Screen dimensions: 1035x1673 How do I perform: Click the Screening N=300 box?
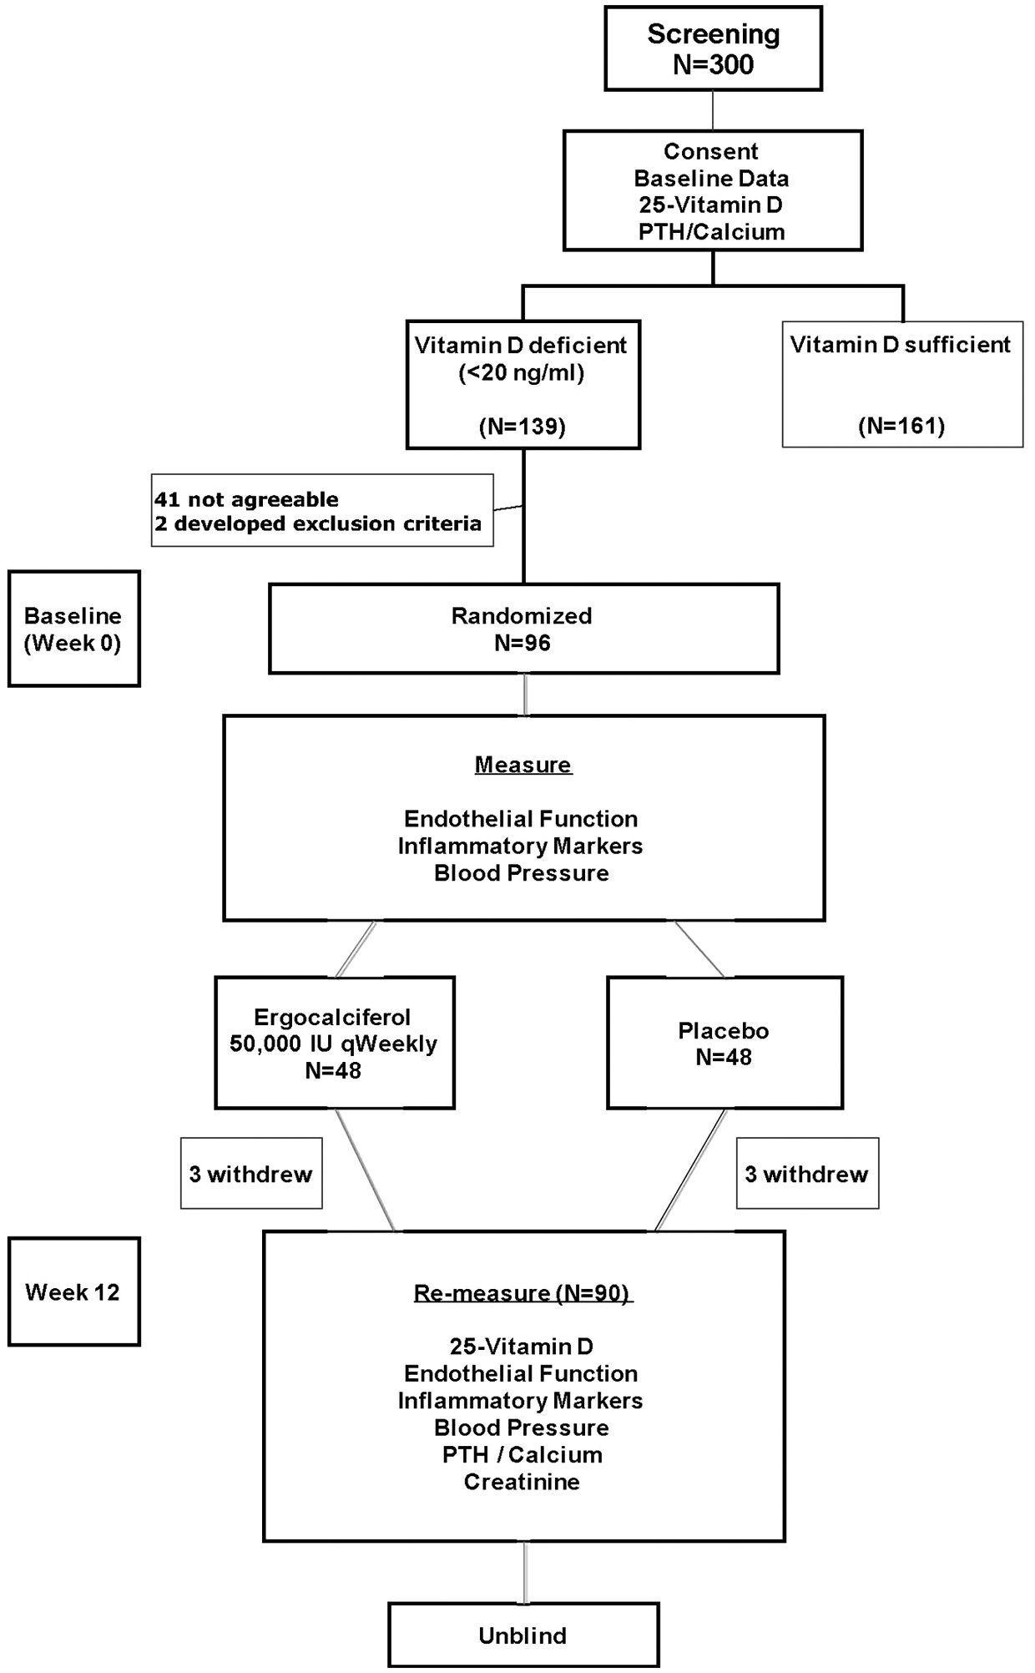point(713,48)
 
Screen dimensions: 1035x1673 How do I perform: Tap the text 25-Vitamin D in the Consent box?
point(711,205)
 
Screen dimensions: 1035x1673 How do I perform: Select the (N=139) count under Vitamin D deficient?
point(523,427)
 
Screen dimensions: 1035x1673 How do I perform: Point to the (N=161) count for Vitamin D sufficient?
point(901,426)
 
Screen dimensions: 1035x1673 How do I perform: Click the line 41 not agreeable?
point(246,499)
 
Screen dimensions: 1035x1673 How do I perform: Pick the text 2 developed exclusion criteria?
point(318,523)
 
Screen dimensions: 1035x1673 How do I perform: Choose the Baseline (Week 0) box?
point(74,629)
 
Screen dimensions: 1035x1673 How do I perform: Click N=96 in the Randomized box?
point(523,643)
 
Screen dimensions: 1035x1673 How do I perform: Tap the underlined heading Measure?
point(523,765)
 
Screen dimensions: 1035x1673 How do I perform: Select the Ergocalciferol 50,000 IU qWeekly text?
point(333,1030)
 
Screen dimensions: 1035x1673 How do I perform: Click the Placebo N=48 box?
point(724,1043)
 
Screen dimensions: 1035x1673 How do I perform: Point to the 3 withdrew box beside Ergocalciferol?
point(251,1173)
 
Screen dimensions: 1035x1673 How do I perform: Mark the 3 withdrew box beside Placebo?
point(807,1173)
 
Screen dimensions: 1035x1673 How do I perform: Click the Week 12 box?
point(74,1291)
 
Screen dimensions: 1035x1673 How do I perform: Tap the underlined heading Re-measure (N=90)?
point(523,1293)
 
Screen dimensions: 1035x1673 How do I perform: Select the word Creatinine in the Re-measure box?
point(522,1482)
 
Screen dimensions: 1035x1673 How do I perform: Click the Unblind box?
point(523,1635)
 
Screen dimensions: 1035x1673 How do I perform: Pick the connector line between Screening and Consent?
point(713,110)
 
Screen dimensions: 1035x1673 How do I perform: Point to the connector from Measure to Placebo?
point(699,948)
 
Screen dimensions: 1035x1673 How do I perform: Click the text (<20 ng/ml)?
point(522,373)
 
